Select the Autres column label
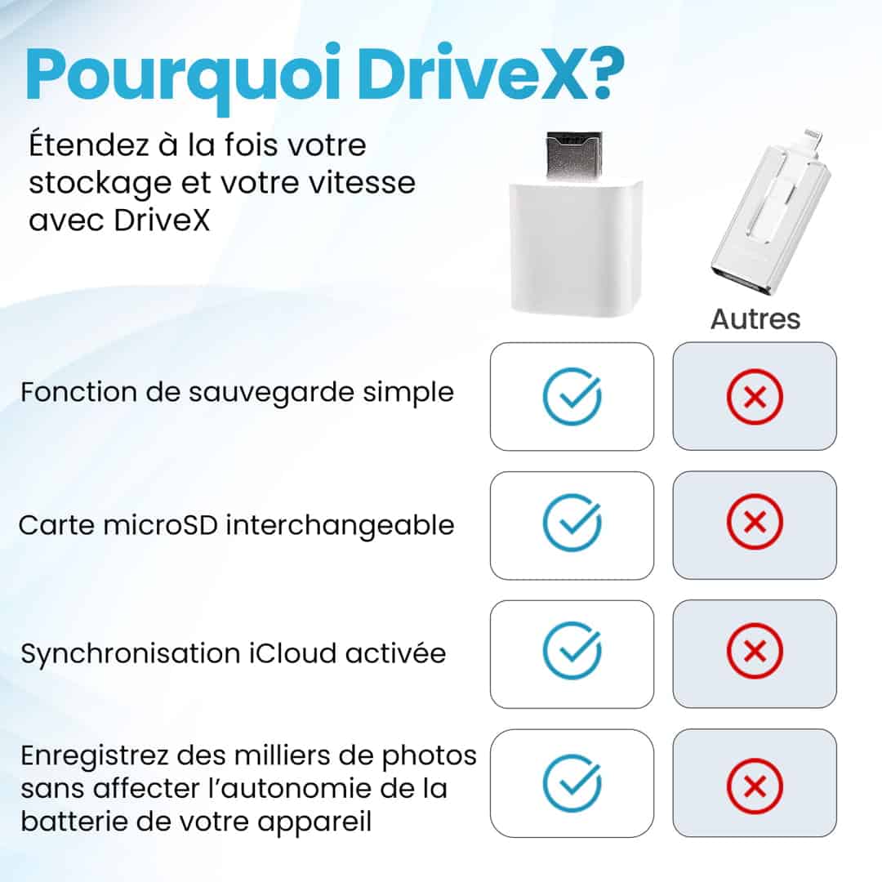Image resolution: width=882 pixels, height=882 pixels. pos(755,319)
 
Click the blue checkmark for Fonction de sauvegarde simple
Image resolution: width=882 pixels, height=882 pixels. pos(572,396)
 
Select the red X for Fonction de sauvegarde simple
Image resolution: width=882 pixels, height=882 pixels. pos(755,396)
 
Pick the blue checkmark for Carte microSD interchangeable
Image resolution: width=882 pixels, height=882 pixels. pos(572,523)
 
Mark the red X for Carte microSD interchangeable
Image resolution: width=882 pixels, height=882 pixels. pos(755,523)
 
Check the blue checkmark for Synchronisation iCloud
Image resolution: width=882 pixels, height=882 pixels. pos(572,650)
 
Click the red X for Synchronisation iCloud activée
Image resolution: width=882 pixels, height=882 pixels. pos(755,651)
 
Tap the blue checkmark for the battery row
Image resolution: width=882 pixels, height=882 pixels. pos(572,783)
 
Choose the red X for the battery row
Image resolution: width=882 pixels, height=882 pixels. pos(755,786)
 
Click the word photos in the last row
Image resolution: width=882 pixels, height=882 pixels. pos(430,756)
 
